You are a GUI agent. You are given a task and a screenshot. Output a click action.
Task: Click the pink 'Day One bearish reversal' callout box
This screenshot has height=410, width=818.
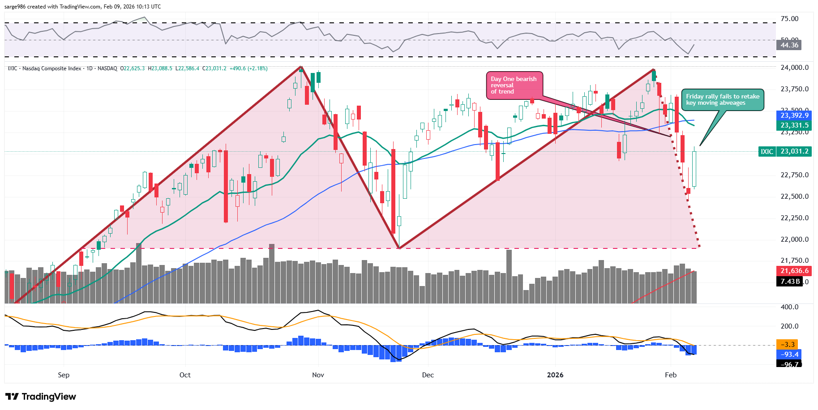[x=514, y=85]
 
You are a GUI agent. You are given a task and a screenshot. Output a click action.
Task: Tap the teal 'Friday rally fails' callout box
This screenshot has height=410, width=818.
[x=722, y=99]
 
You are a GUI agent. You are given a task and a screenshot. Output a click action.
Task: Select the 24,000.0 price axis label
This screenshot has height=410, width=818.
[x=794, y=68]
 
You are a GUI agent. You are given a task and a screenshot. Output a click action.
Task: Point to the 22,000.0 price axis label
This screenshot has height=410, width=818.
[x=794, y=239]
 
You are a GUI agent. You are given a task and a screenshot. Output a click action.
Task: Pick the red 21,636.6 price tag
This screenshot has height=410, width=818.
[x=794, y=271]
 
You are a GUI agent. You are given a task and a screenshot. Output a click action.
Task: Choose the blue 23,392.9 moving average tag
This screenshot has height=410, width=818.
[x=794, y=115]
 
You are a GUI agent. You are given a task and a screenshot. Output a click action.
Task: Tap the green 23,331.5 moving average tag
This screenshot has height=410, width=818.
[x=794, y=125]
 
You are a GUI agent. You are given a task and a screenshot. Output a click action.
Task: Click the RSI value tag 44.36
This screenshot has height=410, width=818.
[x=789, y=45]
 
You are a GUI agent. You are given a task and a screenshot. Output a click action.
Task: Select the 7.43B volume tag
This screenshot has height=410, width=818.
[x=789, y=282]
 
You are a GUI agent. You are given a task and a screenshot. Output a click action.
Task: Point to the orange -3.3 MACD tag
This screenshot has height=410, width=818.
[x=788, y=345]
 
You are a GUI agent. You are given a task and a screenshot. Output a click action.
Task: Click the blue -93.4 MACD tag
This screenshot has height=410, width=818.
[x=789, y=354]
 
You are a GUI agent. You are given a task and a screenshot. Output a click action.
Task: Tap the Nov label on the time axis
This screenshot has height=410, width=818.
[x=318, y=375]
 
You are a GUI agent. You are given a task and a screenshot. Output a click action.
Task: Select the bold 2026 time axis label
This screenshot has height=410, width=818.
[x=555, y=375]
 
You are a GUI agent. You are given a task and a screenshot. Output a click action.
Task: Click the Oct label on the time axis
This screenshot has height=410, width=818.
[x=185, y=375]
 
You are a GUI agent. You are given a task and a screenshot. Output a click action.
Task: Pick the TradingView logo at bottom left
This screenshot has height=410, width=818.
[x=41, y=397]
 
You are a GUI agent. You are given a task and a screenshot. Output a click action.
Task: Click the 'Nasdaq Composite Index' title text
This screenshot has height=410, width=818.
[x=51, y=68]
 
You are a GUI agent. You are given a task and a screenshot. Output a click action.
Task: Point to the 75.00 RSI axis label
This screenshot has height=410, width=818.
[x=789, y=19]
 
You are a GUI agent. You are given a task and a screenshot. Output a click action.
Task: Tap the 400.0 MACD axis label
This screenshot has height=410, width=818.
[x=789, y=307]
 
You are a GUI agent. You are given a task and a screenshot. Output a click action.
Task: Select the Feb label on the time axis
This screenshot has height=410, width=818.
[x=670, y=375]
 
